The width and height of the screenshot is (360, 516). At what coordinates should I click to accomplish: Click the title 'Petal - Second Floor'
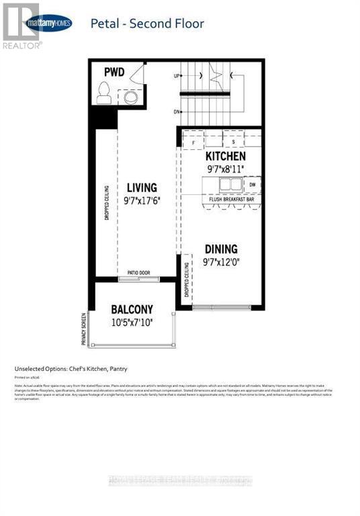147,24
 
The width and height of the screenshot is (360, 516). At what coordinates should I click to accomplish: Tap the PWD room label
114,72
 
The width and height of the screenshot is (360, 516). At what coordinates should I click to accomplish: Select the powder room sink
130,97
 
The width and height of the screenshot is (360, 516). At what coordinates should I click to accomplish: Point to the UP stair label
177,76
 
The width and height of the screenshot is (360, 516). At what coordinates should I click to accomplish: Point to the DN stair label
177,112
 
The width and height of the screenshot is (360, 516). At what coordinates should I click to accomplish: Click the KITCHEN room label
226,156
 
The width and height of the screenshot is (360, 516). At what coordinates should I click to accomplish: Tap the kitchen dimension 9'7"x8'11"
225,169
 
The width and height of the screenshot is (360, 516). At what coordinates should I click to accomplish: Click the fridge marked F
193,142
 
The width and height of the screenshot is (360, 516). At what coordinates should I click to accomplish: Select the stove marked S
233,142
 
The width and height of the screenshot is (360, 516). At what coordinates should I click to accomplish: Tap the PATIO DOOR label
139,273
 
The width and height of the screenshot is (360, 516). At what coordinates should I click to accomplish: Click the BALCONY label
132,309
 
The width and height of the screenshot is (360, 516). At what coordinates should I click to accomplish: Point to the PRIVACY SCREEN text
85,329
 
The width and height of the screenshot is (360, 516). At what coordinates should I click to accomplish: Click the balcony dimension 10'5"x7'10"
132,322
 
